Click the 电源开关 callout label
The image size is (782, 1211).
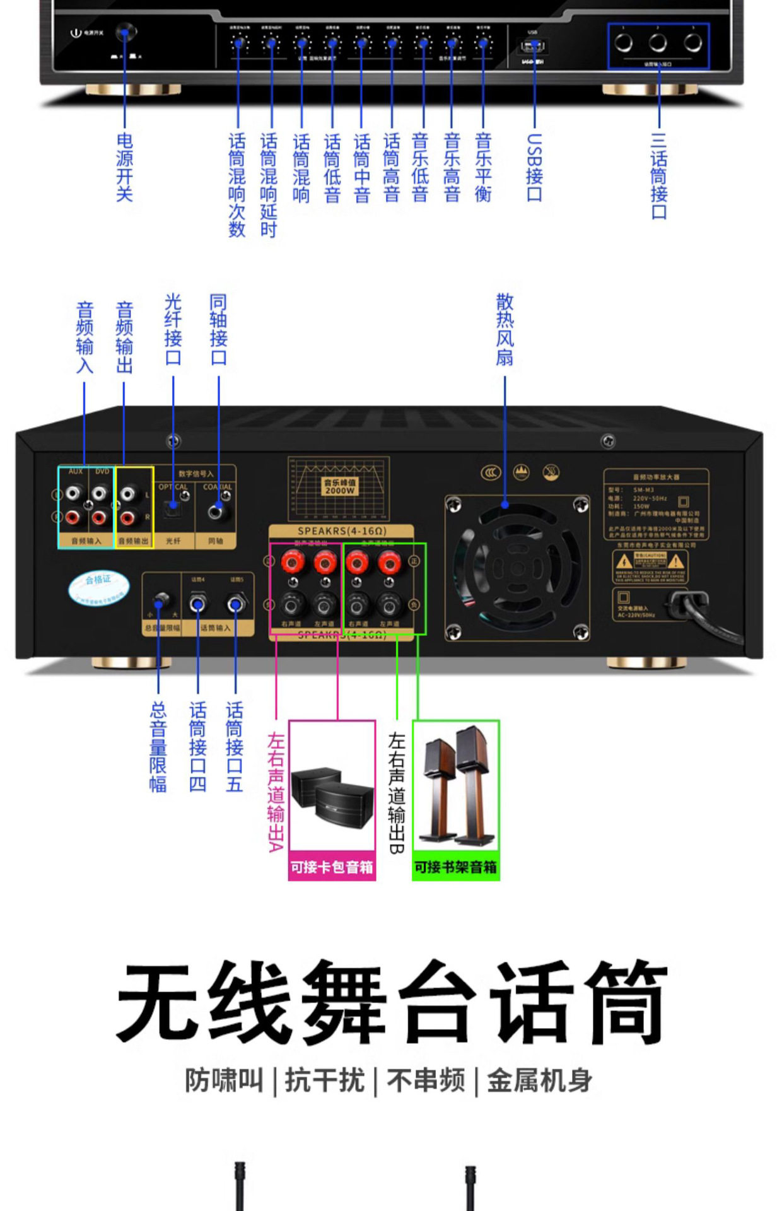pos(124,167)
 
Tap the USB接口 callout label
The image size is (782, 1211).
pos(534,167)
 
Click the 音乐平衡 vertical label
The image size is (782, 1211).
pos(483,167)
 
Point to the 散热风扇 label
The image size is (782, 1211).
pos(505,329)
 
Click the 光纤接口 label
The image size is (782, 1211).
pos(173,329)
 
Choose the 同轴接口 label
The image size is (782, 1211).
pos(218,329)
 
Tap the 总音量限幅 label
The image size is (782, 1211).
pos(158,747)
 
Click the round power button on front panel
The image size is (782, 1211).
pos(126,32)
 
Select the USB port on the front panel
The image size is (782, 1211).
pos(533,46)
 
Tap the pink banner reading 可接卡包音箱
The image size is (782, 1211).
pos(332,867)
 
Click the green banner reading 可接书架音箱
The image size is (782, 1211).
pos(455,867)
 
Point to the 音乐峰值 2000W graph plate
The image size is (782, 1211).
pos(339,489)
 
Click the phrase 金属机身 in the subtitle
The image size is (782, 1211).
pos(539,1080)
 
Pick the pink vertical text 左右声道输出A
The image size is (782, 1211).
pos(276,792)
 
